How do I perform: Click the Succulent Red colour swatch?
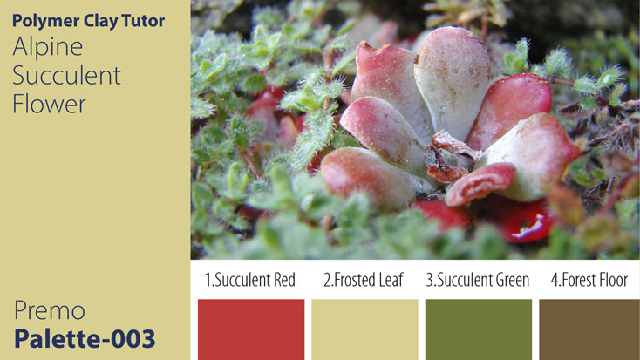coord(251,329)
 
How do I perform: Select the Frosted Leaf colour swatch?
coord(364,329)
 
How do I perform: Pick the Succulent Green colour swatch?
coord(478,329)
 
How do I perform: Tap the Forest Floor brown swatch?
coord(589,329)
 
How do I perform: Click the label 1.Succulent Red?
coord(250,280)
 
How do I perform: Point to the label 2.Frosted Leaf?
coord(364,280)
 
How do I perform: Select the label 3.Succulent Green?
coord(478,280)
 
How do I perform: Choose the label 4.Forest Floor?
coord(589,280)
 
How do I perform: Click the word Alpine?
coord(48,47)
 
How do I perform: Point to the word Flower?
coord(49,104)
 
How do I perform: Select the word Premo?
coord(50,310)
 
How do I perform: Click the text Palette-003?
coord(85,338)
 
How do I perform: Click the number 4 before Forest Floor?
coord(555,280)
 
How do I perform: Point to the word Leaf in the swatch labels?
coord(390,280)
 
